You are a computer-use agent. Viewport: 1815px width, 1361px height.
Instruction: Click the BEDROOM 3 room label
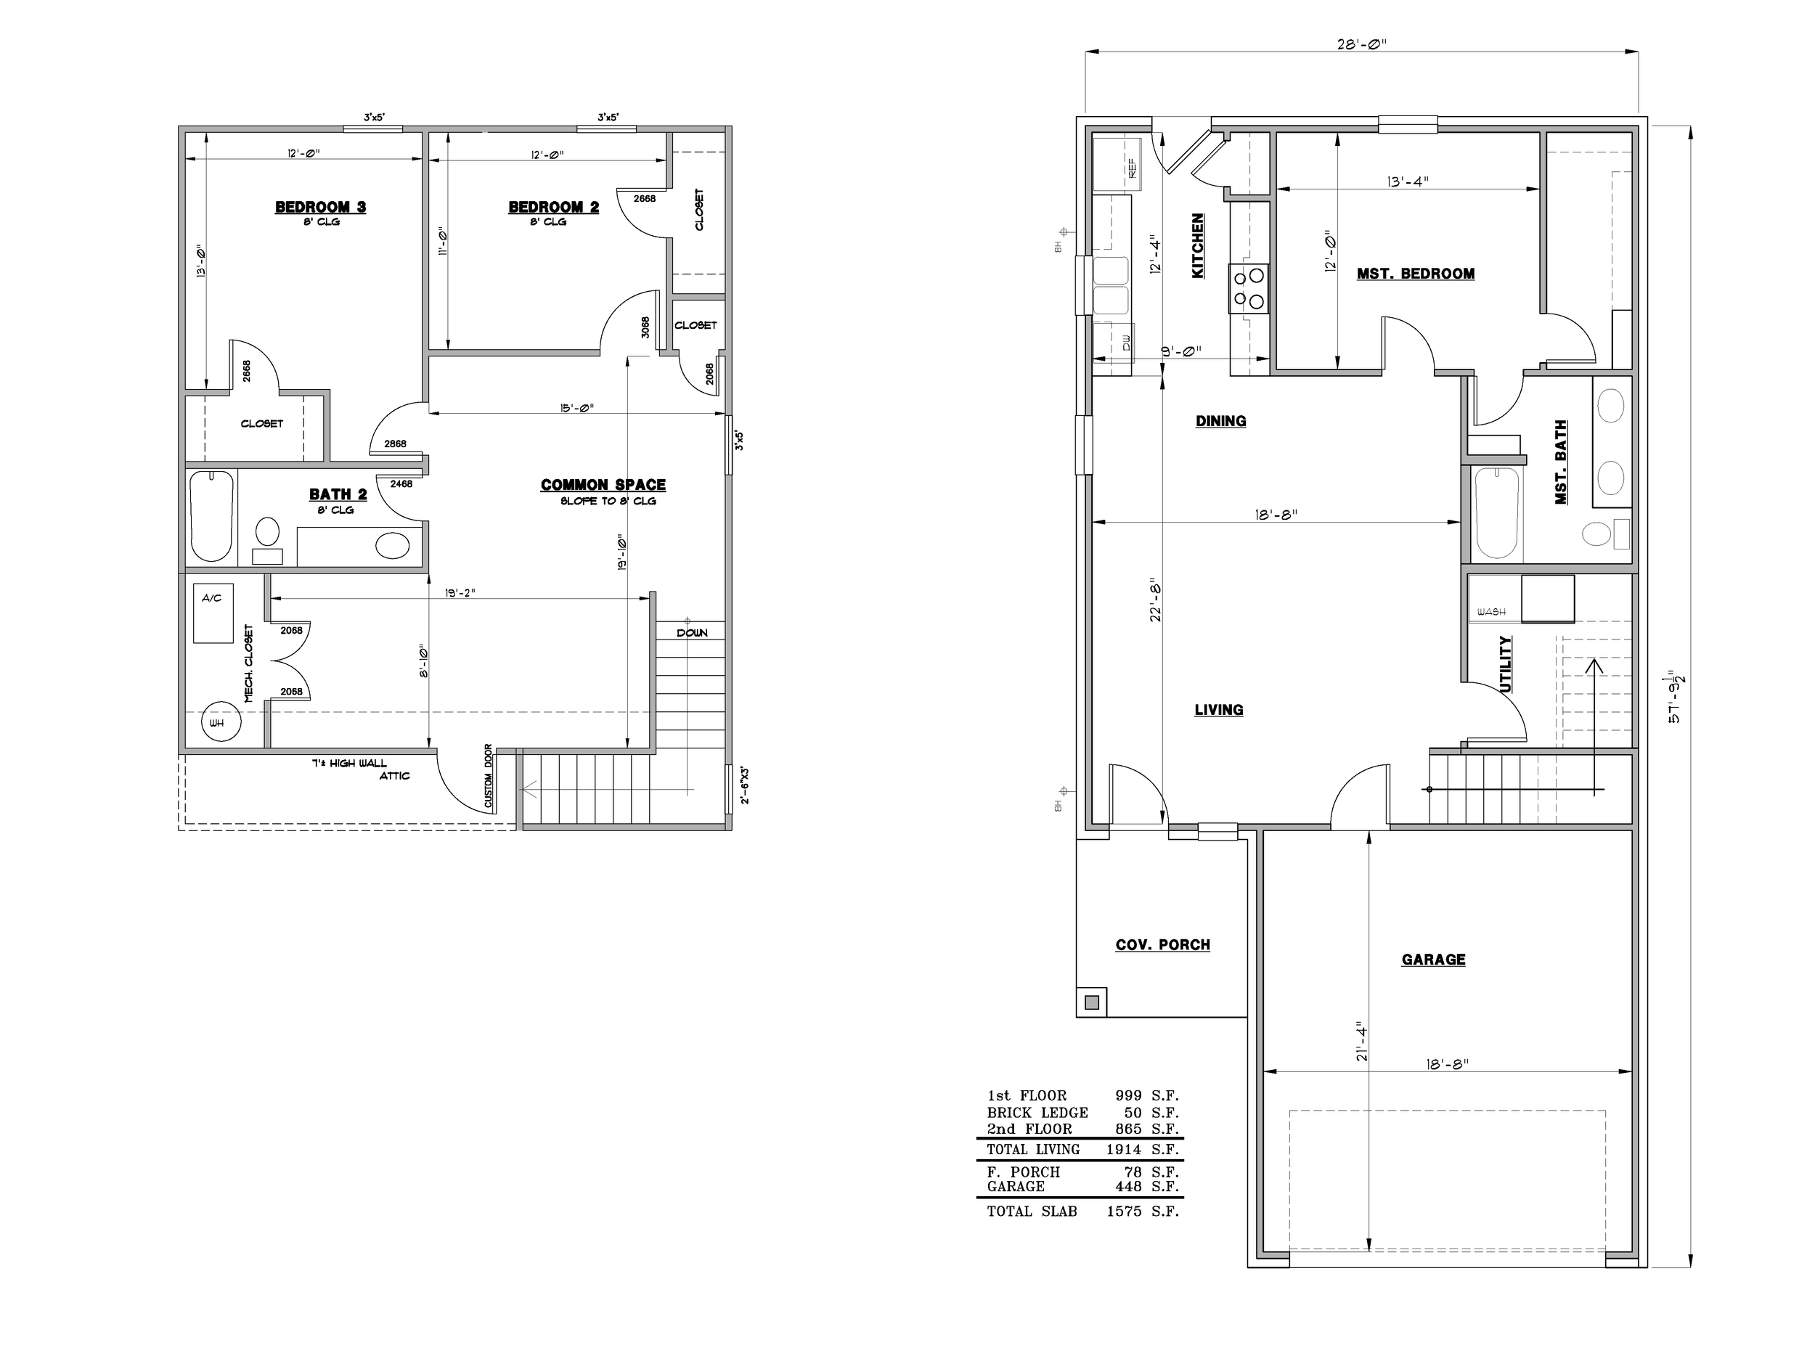[x=321, y=207]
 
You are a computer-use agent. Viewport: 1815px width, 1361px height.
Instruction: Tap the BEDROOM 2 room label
[x=554, y=207]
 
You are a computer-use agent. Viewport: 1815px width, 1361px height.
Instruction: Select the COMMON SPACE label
[x=603, y=485]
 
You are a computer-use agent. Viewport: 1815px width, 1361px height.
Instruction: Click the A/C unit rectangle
[x=213, y=613]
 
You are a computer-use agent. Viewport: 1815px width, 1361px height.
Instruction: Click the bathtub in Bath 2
[x=212, y=516]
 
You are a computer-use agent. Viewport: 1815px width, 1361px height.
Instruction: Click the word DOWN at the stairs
[x=692, y=632]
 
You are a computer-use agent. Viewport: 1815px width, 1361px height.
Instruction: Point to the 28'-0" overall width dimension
[x=1361, y=44]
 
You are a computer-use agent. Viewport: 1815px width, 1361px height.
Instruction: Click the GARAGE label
[x=1433, y=959]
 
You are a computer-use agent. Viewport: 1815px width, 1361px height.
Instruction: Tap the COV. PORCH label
[x=1162, y=944]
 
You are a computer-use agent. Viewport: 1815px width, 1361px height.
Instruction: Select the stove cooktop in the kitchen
[x=1248, y=288]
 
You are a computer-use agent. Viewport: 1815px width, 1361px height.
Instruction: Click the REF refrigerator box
[x=1112, y=163]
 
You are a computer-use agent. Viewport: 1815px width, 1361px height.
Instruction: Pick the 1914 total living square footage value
[x=1123, y=1149]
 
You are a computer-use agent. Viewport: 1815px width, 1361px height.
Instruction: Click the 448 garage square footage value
[x=1128, y=1186]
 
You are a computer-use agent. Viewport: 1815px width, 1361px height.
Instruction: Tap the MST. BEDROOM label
[x=1416, y=273]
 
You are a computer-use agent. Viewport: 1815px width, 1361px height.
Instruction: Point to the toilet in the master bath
[x=1605, y=534]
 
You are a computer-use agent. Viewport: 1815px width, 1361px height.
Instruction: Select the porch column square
[x=1092, y=1002]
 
